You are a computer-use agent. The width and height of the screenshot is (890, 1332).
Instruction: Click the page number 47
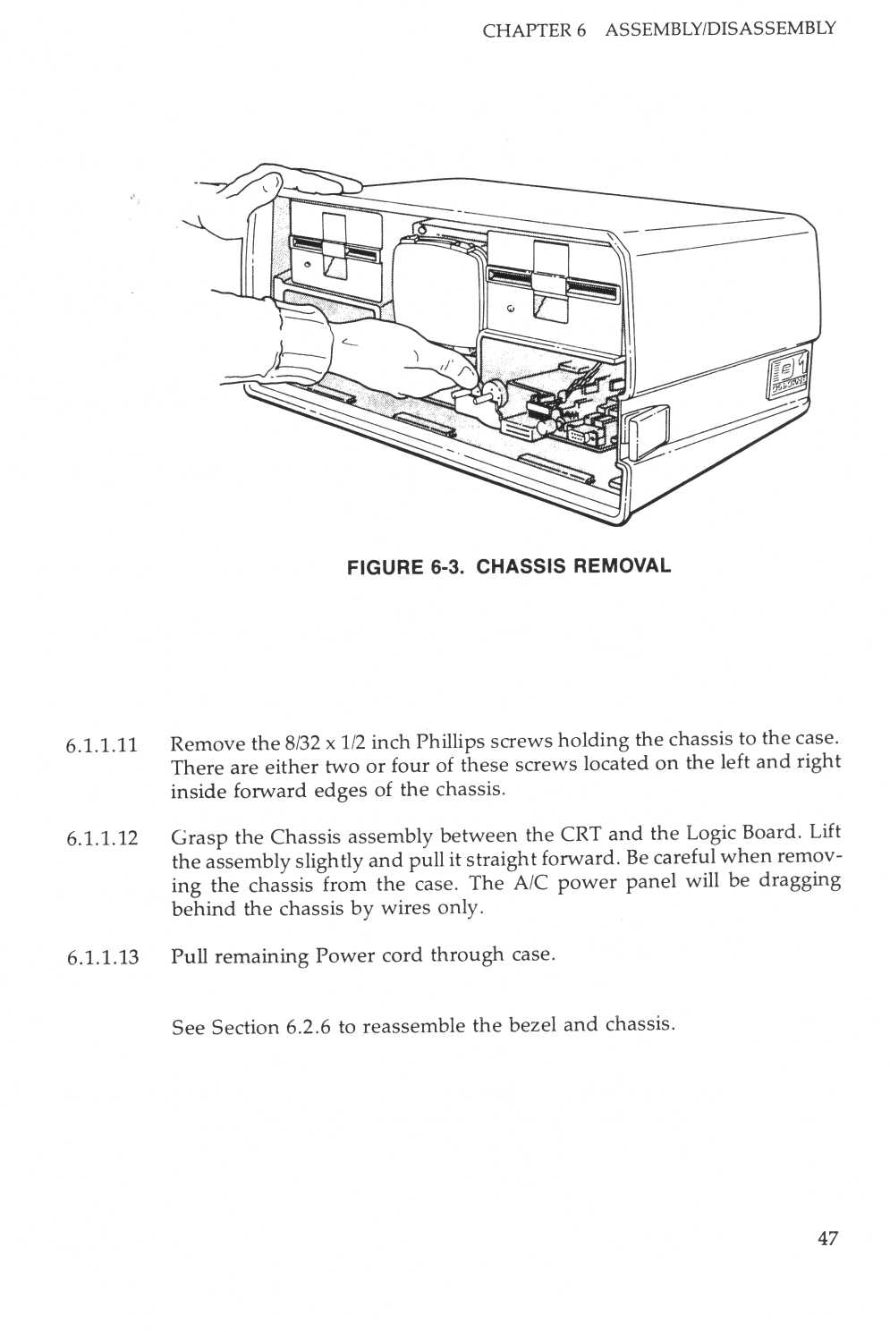(826, 1238)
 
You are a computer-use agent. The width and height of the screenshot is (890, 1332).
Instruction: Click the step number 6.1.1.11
(101, 745)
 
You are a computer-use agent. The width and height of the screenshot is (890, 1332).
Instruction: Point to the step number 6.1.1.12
(101, 838)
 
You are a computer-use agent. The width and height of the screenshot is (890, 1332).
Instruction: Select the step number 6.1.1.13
(101, 957)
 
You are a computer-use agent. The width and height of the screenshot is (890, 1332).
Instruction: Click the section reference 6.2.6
(309, 1027)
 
